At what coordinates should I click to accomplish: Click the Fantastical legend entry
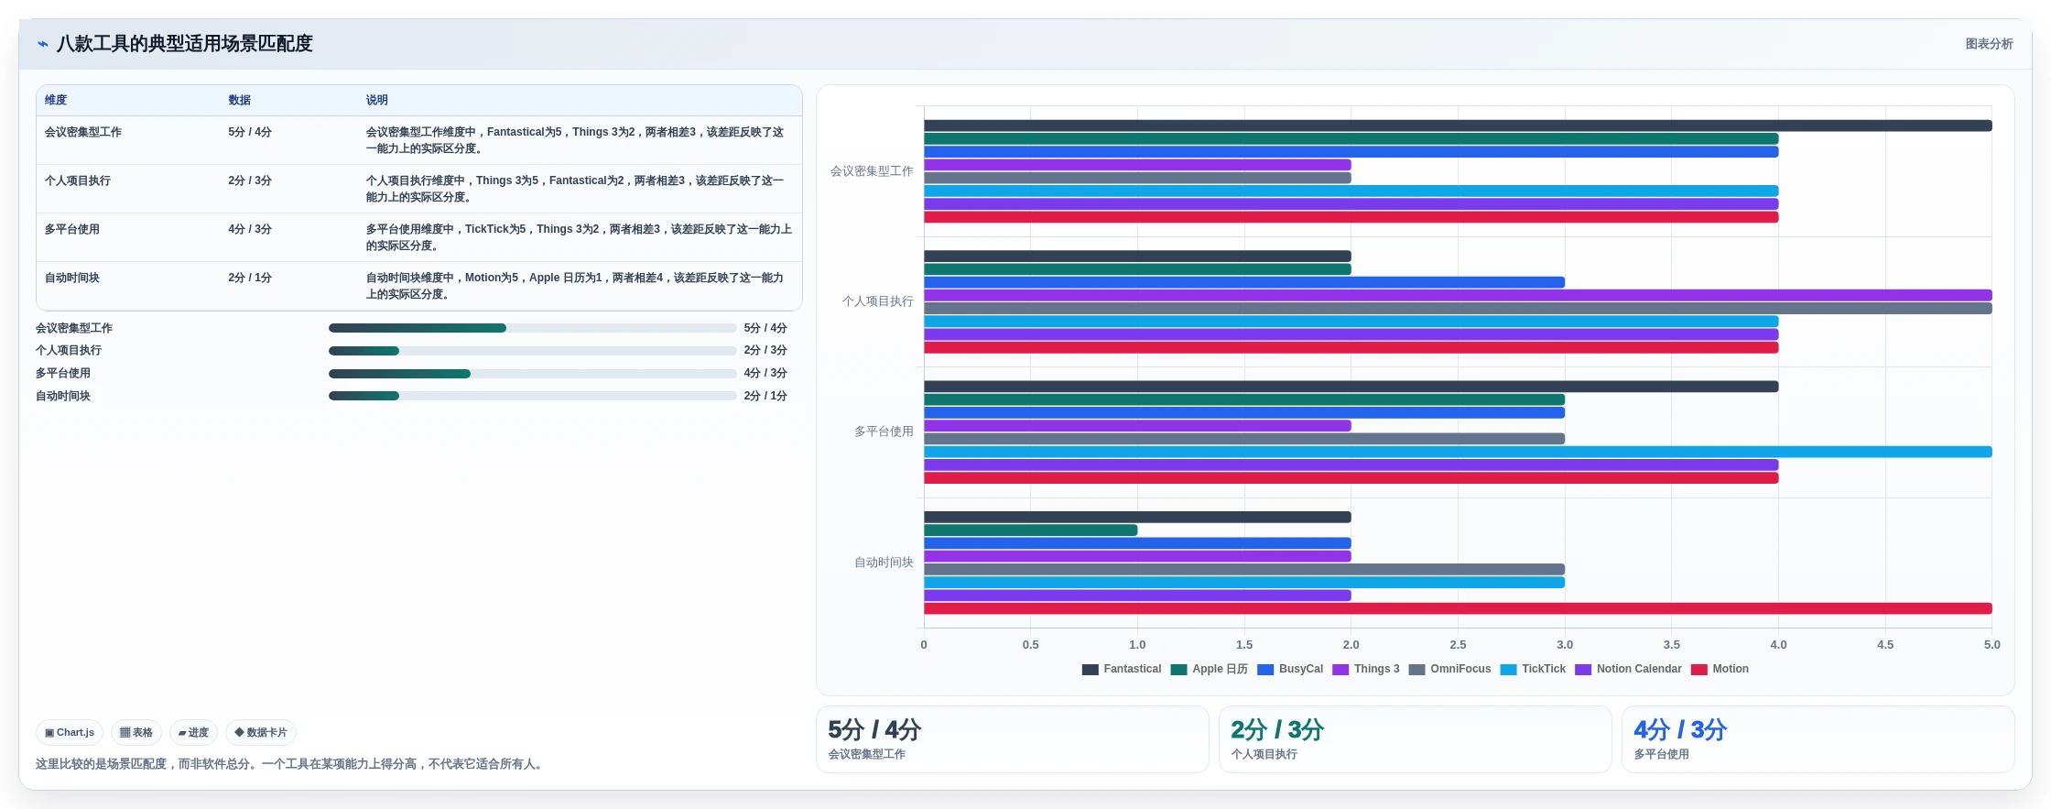[x=1122, y=669]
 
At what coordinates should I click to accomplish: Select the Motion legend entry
[x=1720, y=669]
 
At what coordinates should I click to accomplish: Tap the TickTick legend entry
[x=1533, y=669]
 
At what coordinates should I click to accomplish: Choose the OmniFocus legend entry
[x=1449, y=669]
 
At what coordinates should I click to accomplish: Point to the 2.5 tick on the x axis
[x=1458, y=644]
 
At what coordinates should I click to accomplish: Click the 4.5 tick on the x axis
[x=1885, y=644]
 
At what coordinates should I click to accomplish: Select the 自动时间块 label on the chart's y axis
[x=884, y=562]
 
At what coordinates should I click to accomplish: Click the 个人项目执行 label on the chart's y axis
[x=877, y=301]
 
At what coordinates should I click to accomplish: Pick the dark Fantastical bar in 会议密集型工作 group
[x=1458, y=126]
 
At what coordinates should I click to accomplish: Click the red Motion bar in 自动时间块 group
[x=1458, y=608]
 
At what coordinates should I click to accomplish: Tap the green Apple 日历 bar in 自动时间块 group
[x=1030, y=530]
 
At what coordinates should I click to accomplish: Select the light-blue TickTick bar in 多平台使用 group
[x=1458, y=452]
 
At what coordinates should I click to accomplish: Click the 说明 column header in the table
[x=376, y=100]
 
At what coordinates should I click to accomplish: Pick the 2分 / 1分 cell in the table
[x=250, y=278]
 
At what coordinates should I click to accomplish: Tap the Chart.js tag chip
[x=70, y=733]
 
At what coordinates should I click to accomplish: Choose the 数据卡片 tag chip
[x=261, y=733]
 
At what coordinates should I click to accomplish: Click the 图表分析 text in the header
[x=1989, y=44]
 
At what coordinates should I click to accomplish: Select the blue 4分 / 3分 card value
[x=1680, y=730]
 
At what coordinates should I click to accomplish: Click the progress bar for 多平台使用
[x=532, y=374]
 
